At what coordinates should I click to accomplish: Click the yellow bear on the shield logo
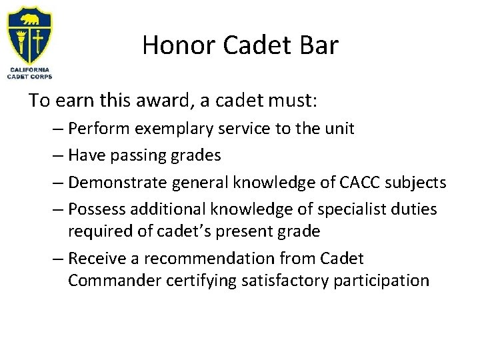coord(31,15)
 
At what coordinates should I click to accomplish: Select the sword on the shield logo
coord(39,39)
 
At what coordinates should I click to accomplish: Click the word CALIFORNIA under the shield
coord(29,69)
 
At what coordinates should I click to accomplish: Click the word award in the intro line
coord(151,101)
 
